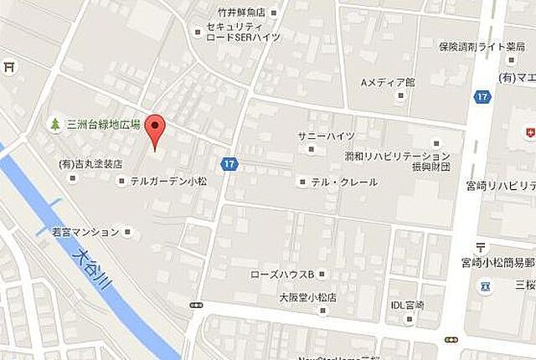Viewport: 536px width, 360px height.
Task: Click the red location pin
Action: click(x=155, y=131)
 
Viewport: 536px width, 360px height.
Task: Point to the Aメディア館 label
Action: click(x=388, y=82)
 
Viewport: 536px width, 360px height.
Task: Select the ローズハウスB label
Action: click(x=281, y=274)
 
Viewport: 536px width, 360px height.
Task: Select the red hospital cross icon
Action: click(x=529, y=132)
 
